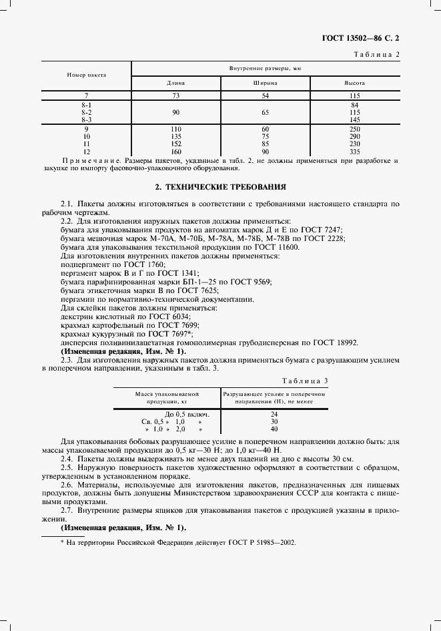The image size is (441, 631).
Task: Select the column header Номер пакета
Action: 87,75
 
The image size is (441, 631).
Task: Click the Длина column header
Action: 175,83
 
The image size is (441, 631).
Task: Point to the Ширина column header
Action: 265,83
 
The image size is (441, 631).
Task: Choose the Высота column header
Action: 354,83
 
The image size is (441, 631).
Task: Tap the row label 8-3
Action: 86,119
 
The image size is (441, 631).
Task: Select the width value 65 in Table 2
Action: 265,112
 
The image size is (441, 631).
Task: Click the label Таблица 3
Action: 305,381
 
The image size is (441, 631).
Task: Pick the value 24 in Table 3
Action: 274,414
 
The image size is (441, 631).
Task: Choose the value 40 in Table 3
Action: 274,429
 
